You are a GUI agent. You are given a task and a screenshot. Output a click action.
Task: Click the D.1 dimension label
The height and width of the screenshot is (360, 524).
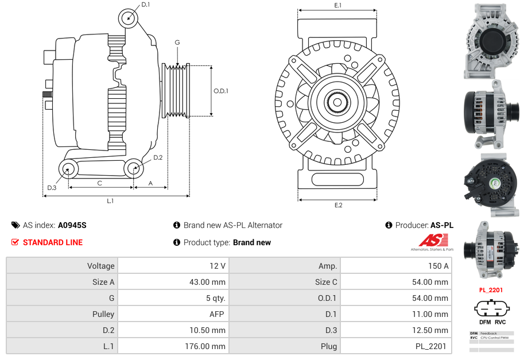tap(145, 5)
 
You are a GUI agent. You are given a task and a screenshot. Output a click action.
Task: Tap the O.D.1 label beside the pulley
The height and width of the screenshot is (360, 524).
tap(221, 91)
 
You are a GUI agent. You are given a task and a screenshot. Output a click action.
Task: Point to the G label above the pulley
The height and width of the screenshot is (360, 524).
tap(177, 43)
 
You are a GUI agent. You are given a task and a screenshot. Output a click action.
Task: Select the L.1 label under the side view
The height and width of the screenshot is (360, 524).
tap(110, 201)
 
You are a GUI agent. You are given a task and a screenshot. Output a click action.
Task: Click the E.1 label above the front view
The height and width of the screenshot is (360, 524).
tap(338, 5)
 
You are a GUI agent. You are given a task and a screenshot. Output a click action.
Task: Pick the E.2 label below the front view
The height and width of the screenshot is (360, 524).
tap(338, 206)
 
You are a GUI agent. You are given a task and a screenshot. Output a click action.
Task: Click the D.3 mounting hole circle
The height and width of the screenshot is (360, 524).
tap(68, 169)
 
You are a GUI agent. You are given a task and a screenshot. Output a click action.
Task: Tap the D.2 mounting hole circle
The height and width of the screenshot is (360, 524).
tap(134, 169)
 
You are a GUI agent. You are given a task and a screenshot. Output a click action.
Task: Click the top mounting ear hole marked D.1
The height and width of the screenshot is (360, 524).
tap(129, 18)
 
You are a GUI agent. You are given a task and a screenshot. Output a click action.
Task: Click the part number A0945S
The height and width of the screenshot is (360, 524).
tap(72, 226)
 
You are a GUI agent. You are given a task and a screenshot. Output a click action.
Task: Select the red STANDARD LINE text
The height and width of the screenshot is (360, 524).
tap(52, 242)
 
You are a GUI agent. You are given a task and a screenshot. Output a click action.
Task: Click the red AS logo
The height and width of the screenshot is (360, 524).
tap(429, 241)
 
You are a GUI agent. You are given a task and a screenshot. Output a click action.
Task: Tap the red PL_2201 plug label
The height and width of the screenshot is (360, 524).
tap(491, 290)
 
